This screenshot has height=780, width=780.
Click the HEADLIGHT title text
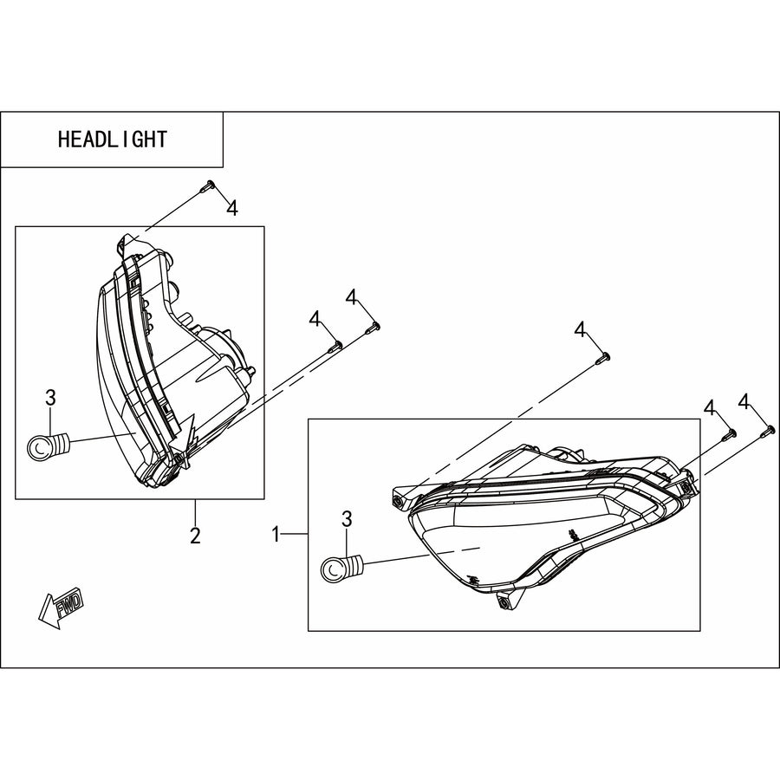click(x=113, y=140)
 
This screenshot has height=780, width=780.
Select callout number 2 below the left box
click(x=195, y=536)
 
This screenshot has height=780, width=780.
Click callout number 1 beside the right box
click(x=276, y=535)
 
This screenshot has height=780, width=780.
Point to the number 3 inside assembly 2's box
click(x=51, y=398)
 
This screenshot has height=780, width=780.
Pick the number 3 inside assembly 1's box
click(x=347, y=519)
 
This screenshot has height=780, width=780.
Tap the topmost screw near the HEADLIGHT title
click(x=207, y=185)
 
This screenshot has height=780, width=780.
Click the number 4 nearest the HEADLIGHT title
click(x=232, y=208)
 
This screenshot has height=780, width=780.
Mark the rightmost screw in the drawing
click(x=768, y=432)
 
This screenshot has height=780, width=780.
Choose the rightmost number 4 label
click(x=744, y=402)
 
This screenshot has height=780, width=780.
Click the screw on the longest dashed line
click(x=603, y=358)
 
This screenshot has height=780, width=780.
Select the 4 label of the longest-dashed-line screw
click(x=580, y=329)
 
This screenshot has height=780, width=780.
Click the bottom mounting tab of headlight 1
click(x=508, y=600)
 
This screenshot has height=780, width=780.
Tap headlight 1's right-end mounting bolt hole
click(x=687, y=489)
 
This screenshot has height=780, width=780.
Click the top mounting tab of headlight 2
click(x=126, y=244)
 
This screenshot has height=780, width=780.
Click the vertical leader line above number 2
click(x=195, y=511)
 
